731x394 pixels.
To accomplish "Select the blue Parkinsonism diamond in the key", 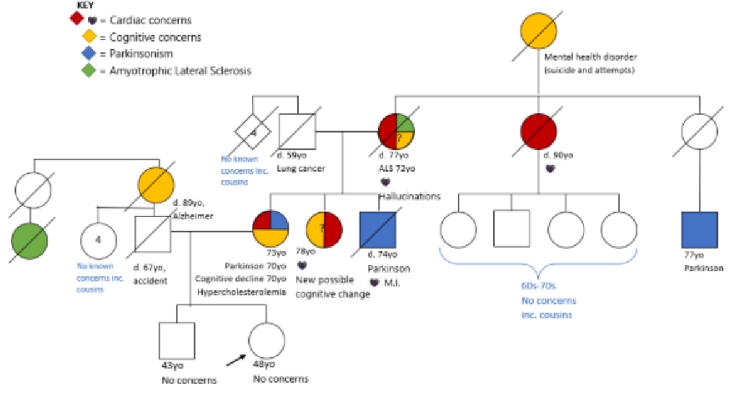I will pos(88,53).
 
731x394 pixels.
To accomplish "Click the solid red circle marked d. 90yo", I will pos(539,130).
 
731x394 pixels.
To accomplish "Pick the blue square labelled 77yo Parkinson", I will pos(700,229).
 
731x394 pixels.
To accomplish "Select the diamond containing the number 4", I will pos(252,131).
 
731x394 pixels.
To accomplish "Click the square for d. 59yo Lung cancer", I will pos(297,131).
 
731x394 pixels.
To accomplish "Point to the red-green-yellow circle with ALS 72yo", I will pos(397,131).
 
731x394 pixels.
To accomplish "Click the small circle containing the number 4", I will pos(98,239).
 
